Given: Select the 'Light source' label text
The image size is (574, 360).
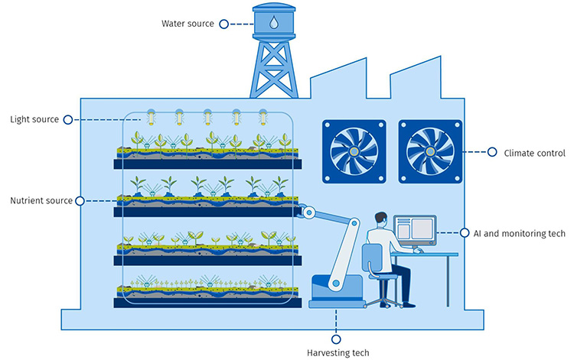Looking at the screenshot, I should pyautogui.click(x=34, y=119).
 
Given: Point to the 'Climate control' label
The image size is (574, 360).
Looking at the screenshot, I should pyautogui.click(x=533, y=153).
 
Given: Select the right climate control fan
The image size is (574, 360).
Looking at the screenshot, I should pyautogui.click(x=429, y=151).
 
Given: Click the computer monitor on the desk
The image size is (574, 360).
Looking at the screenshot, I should pyautogui.click(x=414, y=229).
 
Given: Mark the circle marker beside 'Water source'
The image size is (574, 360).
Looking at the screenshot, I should pyautogui.click(x=223, y=24).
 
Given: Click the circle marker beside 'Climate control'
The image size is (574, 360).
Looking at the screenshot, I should pyautogui.click(x=492, y=152).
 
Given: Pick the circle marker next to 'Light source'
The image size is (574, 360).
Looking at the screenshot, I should pyautogui.click(x=68, y=119).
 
